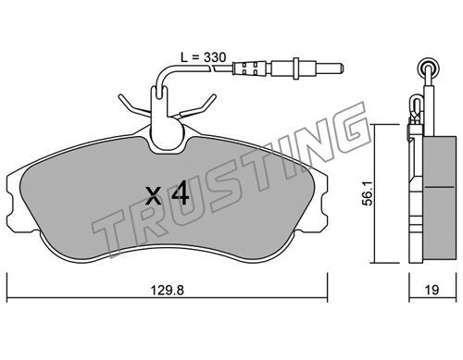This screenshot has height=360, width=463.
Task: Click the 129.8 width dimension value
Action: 167,291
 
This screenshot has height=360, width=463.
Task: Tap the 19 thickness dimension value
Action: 432,290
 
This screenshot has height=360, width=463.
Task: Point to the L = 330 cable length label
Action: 203,57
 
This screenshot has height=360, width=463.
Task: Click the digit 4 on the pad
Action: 180,192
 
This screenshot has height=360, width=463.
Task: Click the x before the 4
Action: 154,196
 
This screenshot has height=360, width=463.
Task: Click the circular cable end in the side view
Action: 429,67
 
